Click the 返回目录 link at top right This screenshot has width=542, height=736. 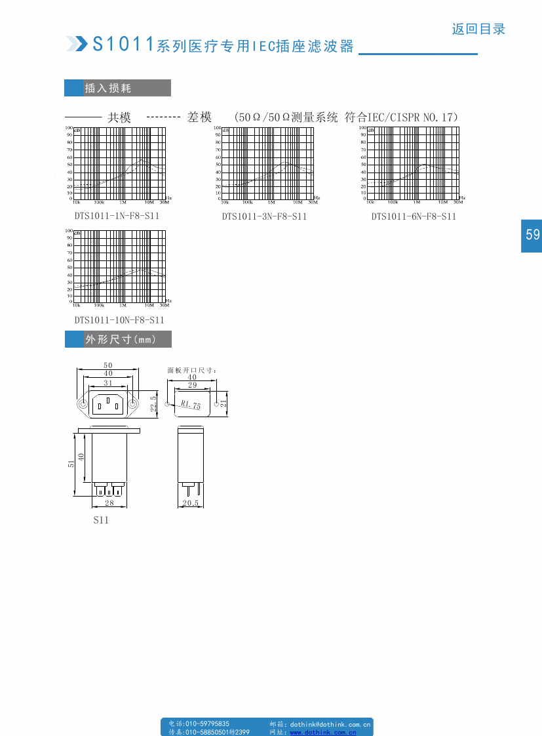[478, 29]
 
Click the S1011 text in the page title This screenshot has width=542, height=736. [123, 44]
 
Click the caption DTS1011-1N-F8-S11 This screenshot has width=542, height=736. [117, 216]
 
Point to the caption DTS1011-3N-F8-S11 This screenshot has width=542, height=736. [264, 216]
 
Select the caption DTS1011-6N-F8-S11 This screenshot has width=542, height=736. [414, 216]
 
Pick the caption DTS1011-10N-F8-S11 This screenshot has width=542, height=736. [119, 320]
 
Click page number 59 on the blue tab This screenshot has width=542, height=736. [532, 235]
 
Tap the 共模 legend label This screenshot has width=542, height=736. [119, 117]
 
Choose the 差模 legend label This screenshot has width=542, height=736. [199, 117]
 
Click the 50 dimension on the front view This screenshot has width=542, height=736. [108, 365]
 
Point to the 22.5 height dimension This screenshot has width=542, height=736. [153, 403]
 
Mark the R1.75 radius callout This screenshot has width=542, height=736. [191, 405]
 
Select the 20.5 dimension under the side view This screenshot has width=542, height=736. [191, 503]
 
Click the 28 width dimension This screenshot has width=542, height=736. [109, 503]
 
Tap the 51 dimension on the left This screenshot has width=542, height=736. [71, 463]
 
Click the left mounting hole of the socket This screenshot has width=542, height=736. [84, 405]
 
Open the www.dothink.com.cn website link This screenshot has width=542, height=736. [323, 732]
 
